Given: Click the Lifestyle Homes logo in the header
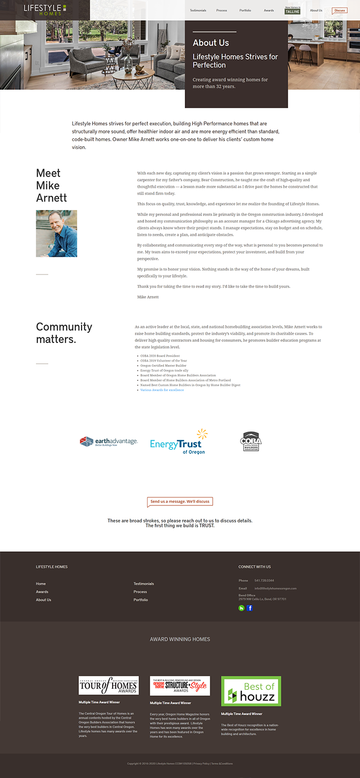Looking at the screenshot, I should [x=45, y=9].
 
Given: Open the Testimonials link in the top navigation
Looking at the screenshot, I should [x=198, y=10].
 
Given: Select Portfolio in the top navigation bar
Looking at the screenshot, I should [x=245, y=10].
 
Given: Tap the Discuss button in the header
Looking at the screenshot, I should [x=340, y=10].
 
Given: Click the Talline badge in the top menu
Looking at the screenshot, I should [x=292, y=11].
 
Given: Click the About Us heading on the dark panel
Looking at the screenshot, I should [x=211, y=43].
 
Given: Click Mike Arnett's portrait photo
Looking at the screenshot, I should [x=57, y=233].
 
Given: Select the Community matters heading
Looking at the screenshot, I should [x=64, y=333].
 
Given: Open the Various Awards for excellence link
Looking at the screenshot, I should [x=162, y=390].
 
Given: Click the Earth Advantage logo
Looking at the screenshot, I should [x=108, y=441].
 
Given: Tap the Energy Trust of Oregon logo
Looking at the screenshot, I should [x=179, y=442].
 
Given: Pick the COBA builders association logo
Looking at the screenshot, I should [x=251, y=441].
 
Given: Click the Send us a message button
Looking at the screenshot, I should [x=180, y=501].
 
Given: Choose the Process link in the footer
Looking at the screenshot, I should [x=140, y=592].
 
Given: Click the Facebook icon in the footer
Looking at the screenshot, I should [x=250, y=608].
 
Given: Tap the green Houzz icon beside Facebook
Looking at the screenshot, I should [x=241, y=608].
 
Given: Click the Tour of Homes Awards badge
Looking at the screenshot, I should [x=108, y=685].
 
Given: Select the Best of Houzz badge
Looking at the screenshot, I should [x=251, y=691].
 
